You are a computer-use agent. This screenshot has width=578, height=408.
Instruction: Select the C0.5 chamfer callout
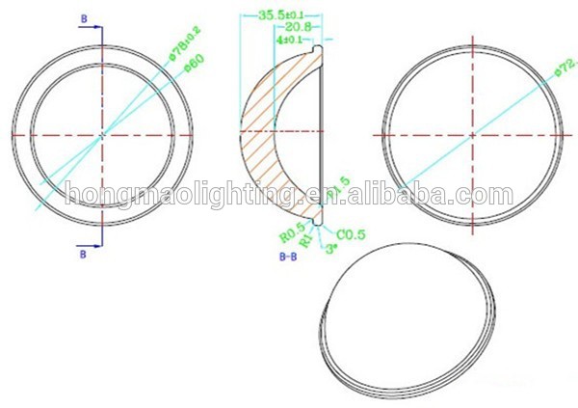click(350, 232)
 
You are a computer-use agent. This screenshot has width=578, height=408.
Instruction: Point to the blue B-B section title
click(287, 258)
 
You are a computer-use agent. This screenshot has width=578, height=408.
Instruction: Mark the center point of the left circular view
click(103, 136)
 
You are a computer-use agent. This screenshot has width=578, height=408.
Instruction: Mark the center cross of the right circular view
click(472, 136)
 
